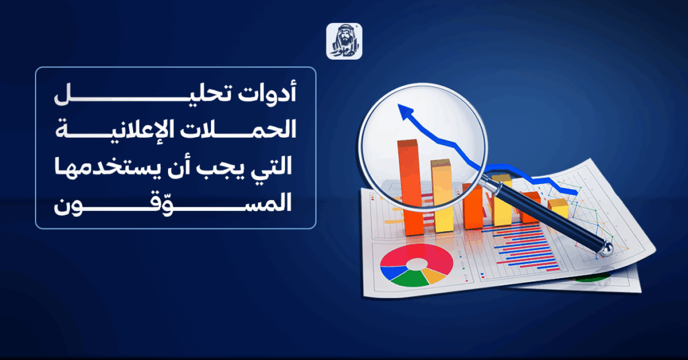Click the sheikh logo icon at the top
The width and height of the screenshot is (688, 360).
tap(344, 41)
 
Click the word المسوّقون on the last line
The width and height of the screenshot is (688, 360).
tap(173, 202)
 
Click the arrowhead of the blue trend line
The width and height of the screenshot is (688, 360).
tap(406, 112)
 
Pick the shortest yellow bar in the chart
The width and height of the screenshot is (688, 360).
tap(558, 209)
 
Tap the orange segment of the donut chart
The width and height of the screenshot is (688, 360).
tap(435, 276)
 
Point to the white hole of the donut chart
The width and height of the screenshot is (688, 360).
tap(417, 264)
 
